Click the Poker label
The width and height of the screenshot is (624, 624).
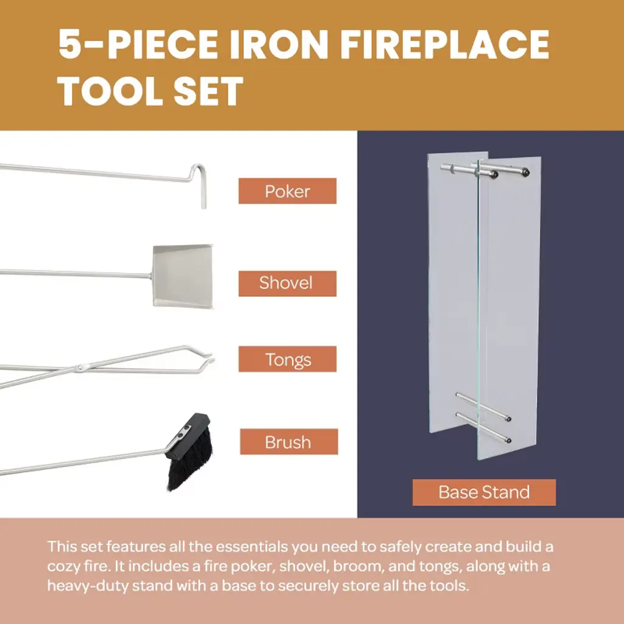288,191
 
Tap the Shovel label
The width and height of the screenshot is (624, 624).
288,283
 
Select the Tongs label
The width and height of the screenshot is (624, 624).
288,360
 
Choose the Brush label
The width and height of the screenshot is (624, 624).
289,442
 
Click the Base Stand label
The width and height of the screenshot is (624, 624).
484,492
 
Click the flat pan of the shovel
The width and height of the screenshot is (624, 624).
183,276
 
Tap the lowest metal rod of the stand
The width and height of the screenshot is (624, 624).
483,428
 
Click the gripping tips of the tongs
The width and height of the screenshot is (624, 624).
207,356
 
